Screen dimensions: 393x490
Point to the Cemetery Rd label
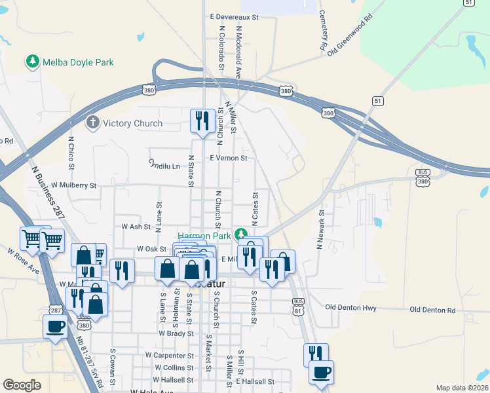pos(322,30)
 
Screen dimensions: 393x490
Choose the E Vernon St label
pos(228,158)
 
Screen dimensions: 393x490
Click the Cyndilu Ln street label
pos(164,164)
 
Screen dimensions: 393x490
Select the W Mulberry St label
pos(74,185)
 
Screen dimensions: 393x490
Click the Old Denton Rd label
pos(432,309)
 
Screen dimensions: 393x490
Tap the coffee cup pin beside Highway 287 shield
pos(54,326)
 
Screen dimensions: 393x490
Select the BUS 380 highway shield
pos(423,177)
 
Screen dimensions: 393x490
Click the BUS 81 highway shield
pos(299,305)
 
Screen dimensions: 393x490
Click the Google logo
pos(22,385)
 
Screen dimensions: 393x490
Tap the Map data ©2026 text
pos(462,388)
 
